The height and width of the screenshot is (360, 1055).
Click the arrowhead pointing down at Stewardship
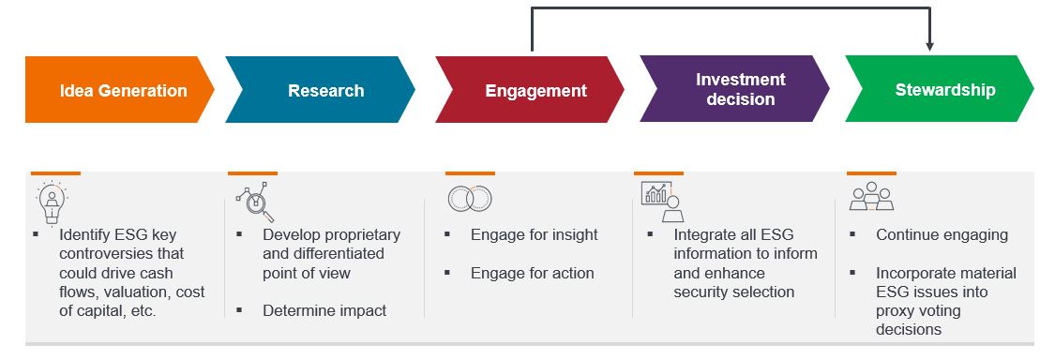(x=930, y=47)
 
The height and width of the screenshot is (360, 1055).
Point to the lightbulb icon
(x=52, y=202)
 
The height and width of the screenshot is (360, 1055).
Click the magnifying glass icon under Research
(x=256, y=202)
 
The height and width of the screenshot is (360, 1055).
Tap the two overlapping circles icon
(x=470, y=199)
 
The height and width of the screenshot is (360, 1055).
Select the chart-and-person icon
(x=663, y=202)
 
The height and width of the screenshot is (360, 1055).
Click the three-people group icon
(x=871, y=197)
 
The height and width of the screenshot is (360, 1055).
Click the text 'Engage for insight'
(x=535, y=234)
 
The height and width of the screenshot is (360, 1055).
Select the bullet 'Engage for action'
(x=533, y=273)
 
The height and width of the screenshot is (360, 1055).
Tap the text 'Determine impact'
(x=325, y=310)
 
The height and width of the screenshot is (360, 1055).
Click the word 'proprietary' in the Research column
(x=363, y=234)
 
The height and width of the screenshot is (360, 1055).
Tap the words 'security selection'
(x=734, y=292)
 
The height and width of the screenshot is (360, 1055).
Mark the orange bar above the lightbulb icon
(x=55, y=172)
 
